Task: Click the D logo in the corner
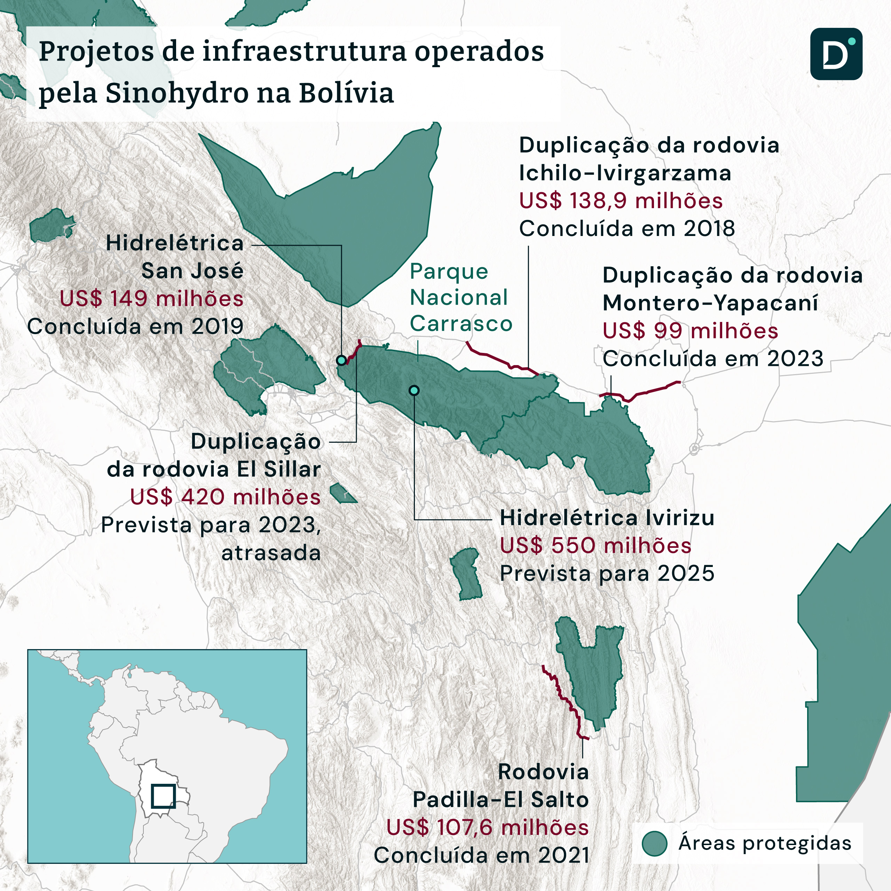pos(836,54)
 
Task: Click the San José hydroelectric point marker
pos(341,360)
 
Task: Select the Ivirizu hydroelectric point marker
pos(414,391)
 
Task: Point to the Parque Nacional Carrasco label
pos(460,298)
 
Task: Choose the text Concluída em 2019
pos(135,326)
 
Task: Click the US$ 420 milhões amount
pos(225,497)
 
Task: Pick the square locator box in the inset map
pos(163,796)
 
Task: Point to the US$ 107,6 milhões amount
pos(488,827)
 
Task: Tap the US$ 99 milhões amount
pos(691,331)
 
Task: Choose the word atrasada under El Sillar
pos(271,553)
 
